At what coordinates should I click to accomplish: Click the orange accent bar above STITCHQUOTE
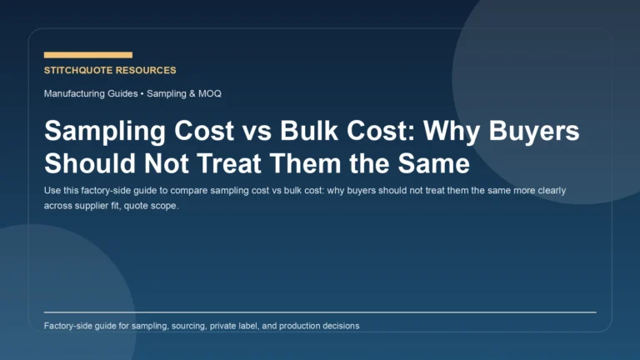click(x=87, y=55)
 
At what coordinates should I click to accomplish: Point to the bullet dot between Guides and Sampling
click(x=142, y=93)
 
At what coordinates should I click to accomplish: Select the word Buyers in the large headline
click(x=542, y=132)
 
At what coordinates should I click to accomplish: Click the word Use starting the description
click(x=52, y=190)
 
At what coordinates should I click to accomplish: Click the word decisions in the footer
click(x=338, y=326)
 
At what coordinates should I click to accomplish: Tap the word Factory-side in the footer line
click(x=70, y=326)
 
